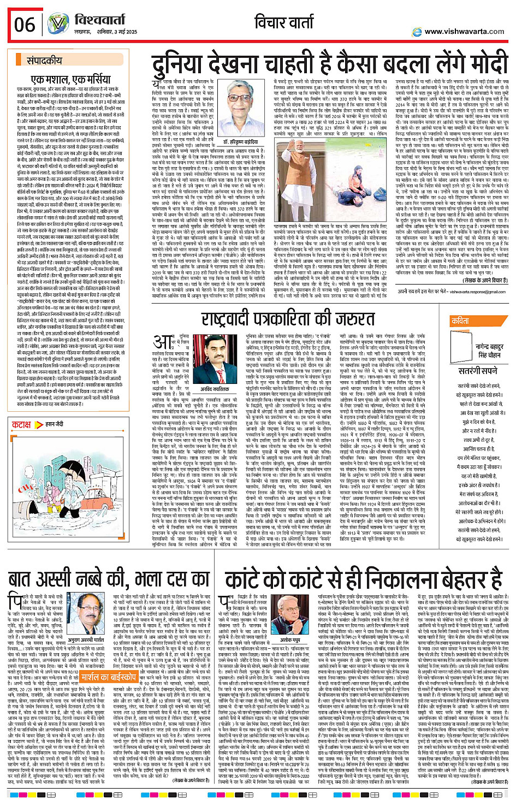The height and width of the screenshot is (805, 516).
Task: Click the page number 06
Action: [25, 24]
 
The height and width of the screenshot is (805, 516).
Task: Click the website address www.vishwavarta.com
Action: [465, 31]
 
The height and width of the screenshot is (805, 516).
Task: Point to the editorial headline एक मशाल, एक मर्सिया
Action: [72, 79]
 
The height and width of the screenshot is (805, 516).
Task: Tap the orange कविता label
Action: [460, 321]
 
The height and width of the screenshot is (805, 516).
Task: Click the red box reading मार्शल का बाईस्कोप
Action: [108, 677]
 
